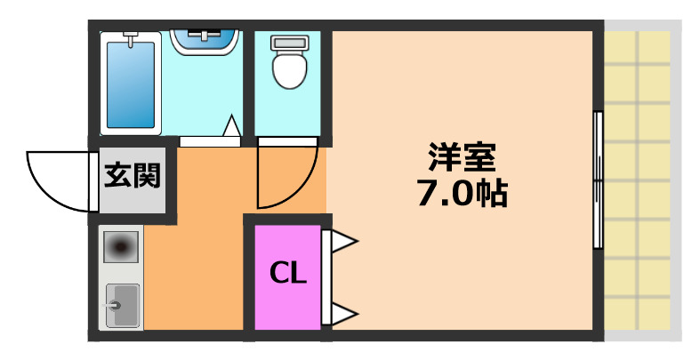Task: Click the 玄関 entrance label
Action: point(133,176)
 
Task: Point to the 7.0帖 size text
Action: point(462,193)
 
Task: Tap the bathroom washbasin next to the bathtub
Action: point(206,41)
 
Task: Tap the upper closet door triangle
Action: point(343,240)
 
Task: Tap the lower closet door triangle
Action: point(343,312)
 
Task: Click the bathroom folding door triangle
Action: point(231,128)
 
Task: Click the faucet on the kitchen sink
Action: point(113,305)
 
